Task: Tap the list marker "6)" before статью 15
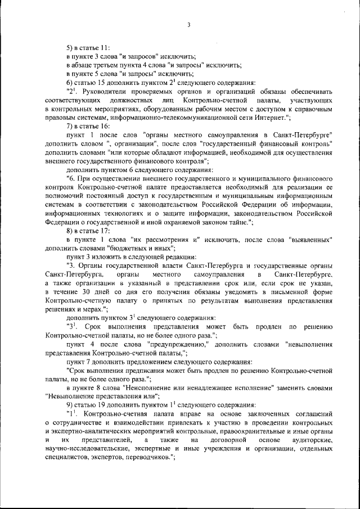coord(70,82)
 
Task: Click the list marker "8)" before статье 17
coord(70,231)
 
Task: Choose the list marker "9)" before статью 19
coord(70,405)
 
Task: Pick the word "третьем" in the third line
coord(110,65)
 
